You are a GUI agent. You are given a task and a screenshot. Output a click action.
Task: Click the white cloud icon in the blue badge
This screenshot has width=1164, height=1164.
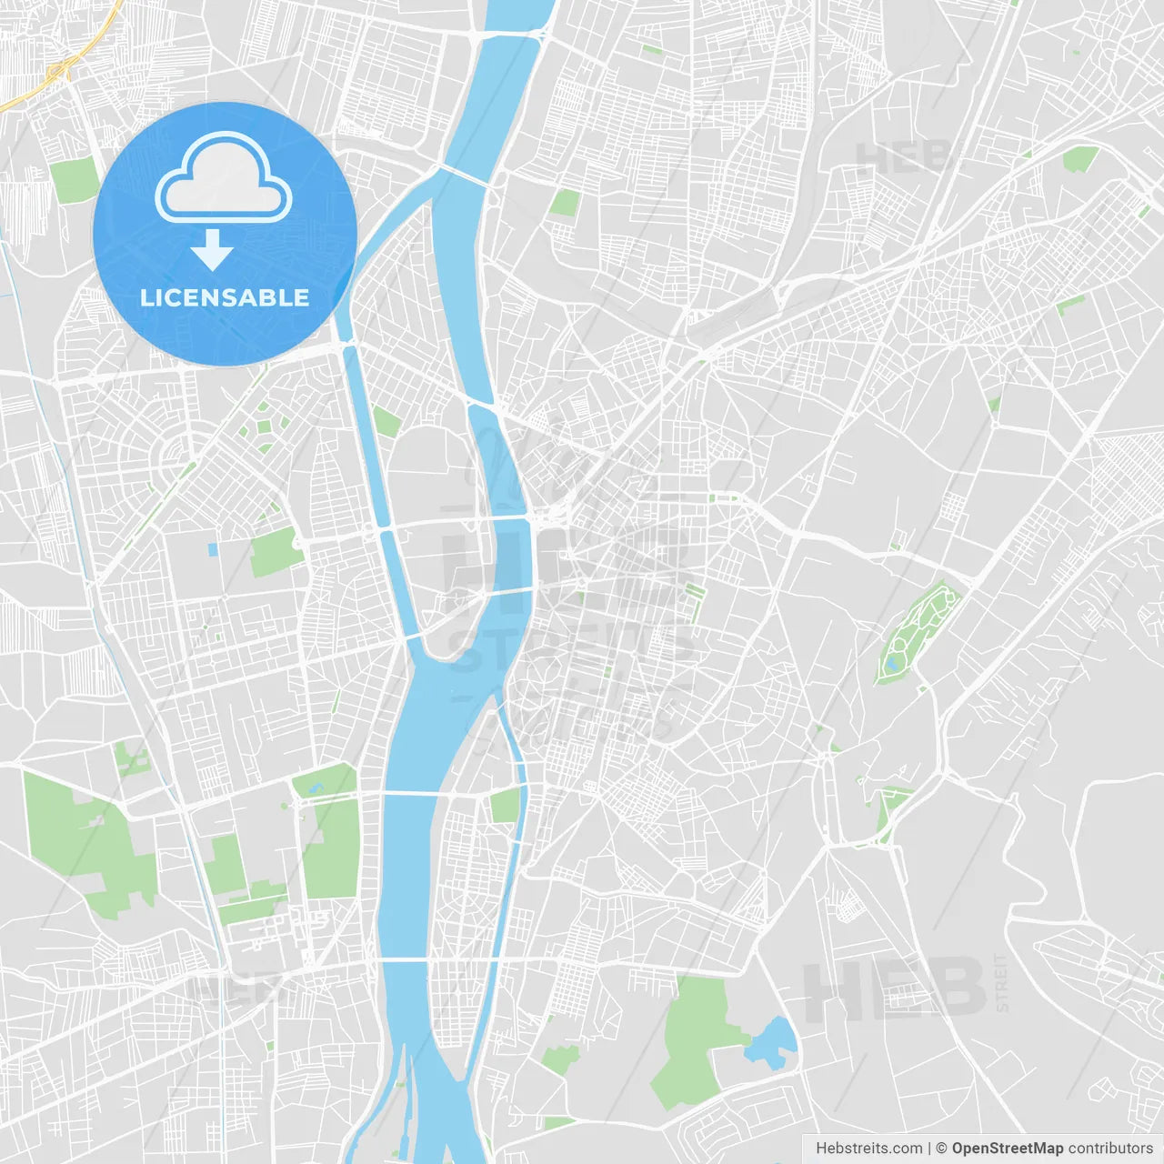click(x=224, y=178)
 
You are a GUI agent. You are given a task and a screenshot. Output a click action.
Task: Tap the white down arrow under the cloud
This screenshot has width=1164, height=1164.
click(x=212, y=250)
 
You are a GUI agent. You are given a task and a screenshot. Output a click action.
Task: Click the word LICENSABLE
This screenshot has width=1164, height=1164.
click(x=225, y=297)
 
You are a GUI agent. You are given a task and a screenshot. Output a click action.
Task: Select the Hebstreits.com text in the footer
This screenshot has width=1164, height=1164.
click(x=868, y=1149)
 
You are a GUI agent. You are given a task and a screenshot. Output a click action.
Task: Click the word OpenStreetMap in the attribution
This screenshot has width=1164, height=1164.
click(x=1007, y=1149)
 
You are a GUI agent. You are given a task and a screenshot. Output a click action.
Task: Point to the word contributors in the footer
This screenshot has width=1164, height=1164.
click(x=1110, y=1149)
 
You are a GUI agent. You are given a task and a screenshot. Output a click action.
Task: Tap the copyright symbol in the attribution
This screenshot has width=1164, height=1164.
click(x=941, y=1149)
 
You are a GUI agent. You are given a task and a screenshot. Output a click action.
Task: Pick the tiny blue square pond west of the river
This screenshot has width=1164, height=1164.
click(x=213, y=549)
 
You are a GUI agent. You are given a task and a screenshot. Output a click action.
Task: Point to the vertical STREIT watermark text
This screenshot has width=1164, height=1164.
click(x=1002, y=982)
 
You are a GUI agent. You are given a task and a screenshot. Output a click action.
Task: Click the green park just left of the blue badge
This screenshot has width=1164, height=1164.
click(x=75, y=179)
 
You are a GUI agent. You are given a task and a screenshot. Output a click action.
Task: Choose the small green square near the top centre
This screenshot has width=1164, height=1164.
click(x=564, y=202)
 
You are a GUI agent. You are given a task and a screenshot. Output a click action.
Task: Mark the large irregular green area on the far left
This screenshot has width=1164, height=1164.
click(x=86, y=841)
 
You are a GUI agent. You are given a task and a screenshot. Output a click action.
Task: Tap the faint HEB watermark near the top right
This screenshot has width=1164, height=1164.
click(x=900, y=157)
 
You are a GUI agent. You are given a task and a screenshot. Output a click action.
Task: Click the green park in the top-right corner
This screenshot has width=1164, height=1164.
click(x=1079, y=160)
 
